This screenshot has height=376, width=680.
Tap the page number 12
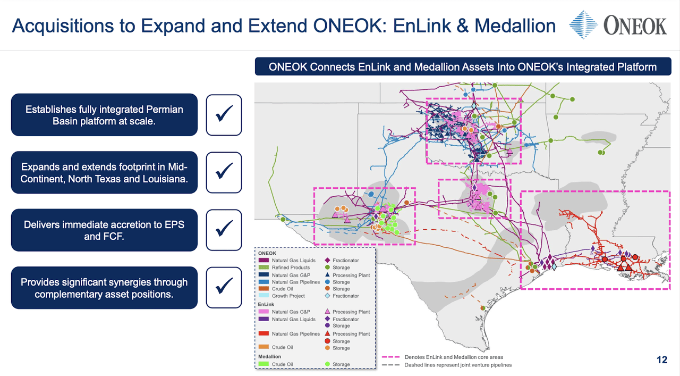[x=661, y=360]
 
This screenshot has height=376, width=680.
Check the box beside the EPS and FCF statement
[x=224, y=230]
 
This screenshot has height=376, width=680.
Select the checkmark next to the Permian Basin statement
[x=224, y=115]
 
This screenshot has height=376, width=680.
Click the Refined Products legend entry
[x=291, y=268]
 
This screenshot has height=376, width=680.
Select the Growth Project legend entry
[x=288, y=296]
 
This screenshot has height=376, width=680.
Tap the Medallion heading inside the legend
[x=270, y=356]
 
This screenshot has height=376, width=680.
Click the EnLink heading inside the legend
[x=267, y=304]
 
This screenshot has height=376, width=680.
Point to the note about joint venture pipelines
[x=458, y=365]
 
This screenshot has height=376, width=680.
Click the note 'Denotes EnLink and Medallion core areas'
[x=454, y=357]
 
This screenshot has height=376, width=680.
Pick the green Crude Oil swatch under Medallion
[x=264, y=364]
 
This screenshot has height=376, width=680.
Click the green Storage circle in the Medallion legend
[x=328, y=364]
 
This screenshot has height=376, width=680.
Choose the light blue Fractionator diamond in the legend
[x=328, y=296]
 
